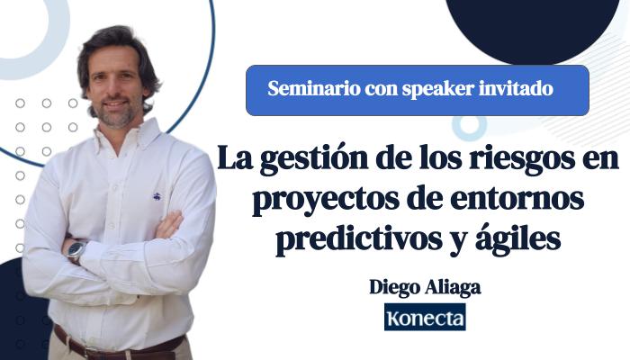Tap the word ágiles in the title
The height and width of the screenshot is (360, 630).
(x=518, y=240)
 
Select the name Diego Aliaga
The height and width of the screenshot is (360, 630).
(x=425, y=288)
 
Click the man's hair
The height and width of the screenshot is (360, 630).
(x=117, y=40)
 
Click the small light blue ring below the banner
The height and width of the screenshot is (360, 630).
(x=468, y=126)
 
